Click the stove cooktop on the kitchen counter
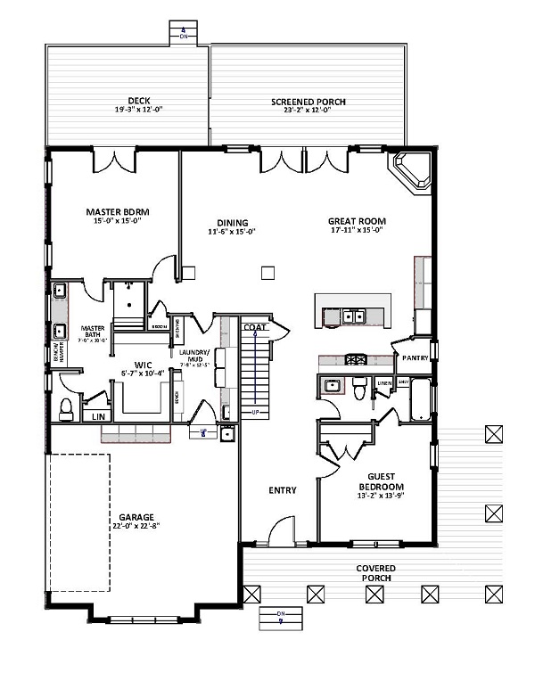tap(356, 359)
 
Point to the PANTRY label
tap(416, 357)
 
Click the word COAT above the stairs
tap(254, 328)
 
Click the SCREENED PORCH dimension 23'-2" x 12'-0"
tap(308, 111)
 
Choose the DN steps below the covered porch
tap(279, 616)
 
